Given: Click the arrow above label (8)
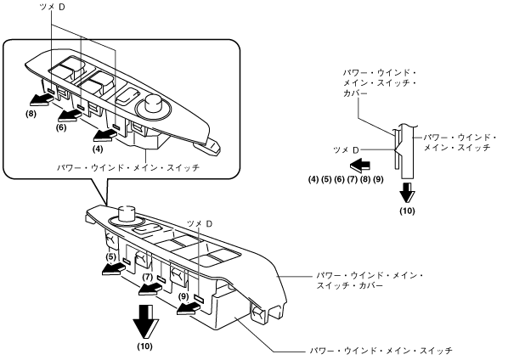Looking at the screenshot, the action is pyautogui.click(x=41, y=101).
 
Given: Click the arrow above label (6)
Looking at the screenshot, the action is pyautogui.click(x=70, y=115).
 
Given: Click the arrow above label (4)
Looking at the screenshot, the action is pyautogui.click(x=104, y=136).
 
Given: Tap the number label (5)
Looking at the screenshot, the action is pyautogui.click(x=110, y=256).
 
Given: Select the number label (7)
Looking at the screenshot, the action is pyautogui.click(x=148, y=277).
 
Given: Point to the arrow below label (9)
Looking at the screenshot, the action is pyautogui.click(x=188, y=309).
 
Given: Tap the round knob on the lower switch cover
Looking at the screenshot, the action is pyautogui.click(x=126, y=214).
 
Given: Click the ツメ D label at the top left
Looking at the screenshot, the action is pyautogui.click(x=52, y=7).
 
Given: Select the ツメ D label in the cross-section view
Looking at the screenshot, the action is pyautogui.click(x=347, y=150).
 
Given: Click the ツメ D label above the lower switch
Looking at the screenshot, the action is pyautogui.click(x=200, y=223).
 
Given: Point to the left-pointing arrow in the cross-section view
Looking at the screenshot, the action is pyautogui.click(x=360, y=165).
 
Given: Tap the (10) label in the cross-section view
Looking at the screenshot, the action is pyautogui.click(x=407, y=211).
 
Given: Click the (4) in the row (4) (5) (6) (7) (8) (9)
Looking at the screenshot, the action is pyautogui.click(x=313, y=179).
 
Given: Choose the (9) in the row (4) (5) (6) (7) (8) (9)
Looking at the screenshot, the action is pyautogui.click(x=378, y=179).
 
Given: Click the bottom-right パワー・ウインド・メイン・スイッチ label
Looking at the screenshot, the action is pyautogui.click(x=381, y=351).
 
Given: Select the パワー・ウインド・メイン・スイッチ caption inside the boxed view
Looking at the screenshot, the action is pyautogui.click(x=128, y=168).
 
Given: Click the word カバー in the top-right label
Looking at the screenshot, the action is pyautogui.click(x=356, y=93).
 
